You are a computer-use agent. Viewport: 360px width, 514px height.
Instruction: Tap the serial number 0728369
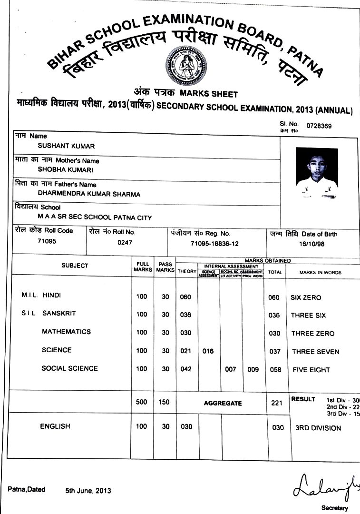pos(319,126)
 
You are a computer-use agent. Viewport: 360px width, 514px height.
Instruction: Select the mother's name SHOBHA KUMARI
pos(59,170)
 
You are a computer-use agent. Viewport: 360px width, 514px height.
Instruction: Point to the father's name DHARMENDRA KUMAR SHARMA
pos(89,194)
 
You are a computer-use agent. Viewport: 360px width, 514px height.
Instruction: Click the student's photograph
pos(316,173)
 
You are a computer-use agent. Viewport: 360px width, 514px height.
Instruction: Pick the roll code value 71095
pos(47,241)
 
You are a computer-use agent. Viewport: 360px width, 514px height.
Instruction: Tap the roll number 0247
pos(125,243)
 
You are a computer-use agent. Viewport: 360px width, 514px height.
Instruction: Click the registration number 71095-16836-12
pos(214,243)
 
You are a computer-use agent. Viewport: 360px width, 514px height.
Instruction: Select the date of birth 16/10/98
pos(312,243)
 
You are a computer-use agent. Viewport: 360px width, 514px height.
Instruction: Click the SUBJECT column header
pos(75,266)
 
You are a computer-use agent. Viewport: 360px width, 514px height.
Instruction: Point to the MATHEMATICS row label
pos(66,331)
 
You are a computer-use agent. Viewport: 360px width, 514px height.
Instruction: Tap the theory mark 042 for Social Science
pos(185,369)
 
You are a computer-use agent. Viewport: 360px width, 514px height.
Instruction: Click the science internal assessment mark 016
pos(208,351)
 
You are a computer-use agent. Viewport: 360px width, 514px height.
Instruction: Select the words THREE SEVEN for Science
pos(315,352)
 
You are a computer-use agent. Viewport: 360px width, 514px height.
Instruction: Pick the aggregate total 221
pos(277,403)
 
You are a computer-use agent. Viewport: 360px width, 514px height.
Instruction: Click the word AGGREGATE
pos(223,403)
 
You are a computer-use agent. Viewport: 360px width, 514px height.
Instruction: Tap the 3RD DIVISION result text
pos(318,428)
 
